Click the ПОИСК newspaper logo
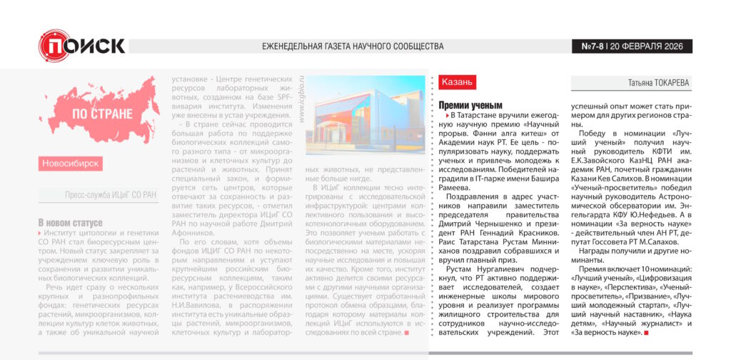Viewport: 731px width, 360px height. pos(81,45)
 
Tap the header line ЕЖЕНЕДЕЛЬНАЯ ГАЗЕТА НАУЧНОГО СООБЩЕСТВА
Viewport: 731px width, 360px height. pos(353,46)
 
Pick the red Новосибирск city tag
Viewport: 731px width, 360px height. pos(71,164)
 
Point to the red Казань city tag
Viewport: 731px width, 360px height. pos(457,82)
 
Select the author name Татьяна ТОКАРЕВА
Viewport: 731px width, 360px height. pos(658,83)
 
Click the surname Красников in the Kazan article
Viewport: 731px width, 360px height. pos(537,232)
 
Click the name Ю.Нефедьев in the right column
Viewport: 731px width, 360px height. pos(649,212)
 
